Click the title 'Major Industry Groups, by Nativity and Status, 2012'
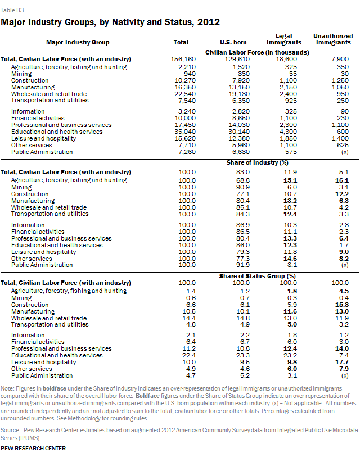[110, 22]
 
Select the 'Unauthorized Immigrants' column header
[332, 39]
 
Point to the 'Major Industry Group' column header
[79, 42]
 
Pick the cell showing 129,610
[231, 59]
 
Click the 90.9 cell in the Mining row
[231, 187]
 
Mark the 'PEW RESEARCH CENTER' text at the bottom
[33, 448]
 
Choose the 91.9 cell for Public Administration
[231, 265]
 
